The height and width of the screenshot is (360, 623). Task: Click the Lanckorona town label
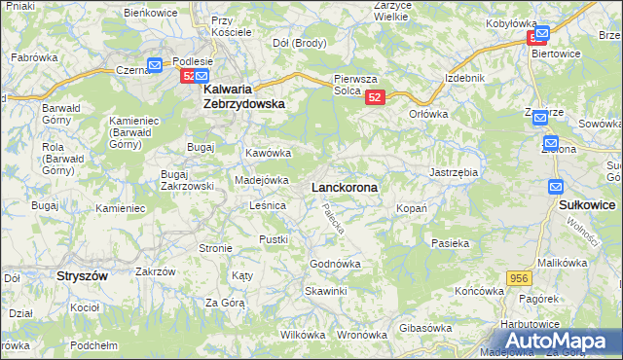pyautogui.click(x=345, y=186)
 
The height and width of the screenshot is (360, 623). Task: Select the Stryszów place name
pyautogui.click(x=81, y=275)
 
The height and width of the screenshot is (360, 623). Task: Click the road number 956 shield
pyautogui.click(x=518, y=279)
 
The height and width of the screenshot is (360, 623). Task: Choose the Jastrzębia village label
pyautogui.click(x=454, y=172)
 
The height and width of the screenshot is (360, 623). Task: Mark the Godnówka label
pyautogui.click(x=335, y=264)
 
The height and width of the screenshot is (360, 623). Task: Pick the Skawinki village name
pyautogui.click(x=325, y=291)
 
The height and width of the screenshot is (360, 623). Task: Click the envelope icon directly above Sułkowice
pyautogui.click(x=556, y=187)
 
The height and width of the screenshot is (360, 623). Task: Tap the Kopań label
pyautogui.click(x=407, y=209)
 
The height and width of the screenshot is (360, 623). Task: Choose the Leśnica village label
pyautogui.click(x=267, y=205)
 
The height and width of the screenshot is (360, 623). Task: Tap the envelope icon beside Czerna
pyautogui.click(x=155, y=66)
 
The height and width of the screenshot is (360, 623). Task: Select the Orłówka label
pyautogui.click(x=428, y=113)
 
